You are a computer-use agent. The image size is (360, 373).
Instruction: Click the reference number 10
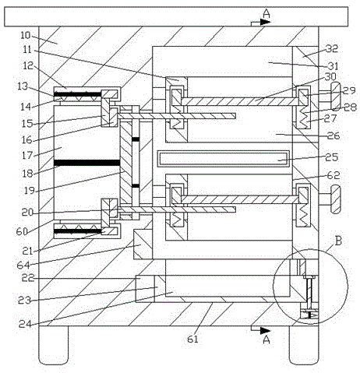pos(26,36)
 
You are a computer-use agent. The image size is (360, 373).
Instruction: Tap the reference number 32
pos(332,48)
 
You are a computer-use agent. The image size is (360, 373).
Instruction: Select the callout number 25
pos(332,157)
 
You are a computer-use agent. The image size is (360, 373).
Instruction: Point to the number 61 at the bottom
pos(192,339)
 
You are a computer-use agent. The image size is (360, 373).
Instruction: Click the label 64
pos(23,265)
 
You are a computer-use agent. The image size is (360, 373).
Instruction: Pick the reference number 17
pos(27,155)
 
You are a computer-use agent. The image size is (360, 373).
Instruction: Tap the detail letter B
pos(338,241)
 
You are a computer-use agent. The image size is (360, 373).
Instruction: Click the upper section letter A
pos(266,13)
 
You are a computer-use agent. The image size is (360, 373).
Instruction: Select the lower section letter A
pos(266,340)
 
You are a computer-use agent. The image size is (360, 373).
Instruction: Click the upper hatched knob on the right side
pos(335,97)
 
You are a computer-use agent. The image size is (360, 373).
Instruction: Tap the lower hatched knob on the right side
pos(335,199)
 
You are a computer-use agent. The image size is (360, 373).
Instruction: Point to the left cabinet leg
pos(54,345)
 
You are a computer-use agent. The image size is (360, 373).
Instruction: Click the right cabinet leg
pos(304,345)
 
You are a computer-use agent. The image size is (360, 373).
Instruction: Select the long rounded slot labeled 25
pos(224,158)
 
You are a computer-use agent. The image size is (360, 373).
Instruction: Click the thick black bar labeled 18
pos(86,163)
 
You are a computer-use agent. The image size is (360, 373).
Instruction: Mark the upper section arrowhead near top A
pos(266,22)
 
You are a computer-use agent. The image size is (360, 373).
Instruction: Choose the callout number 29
pos(349,90)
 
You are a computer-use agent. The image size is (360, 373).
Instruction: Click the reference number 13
pos(23,86)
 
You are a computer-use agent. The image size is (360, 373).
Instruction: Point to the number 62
pos(334,175)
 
